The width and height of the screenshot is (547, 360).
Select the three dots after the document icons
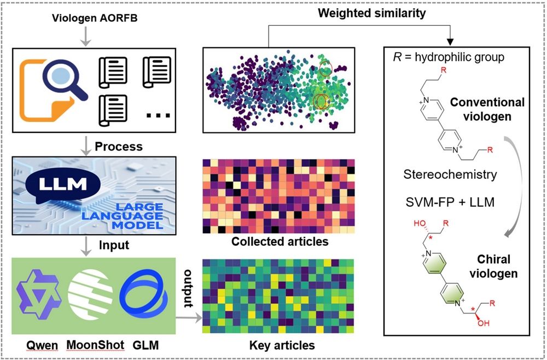(158, 115)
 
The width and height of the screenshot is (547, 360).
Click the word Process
(118, 147)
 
